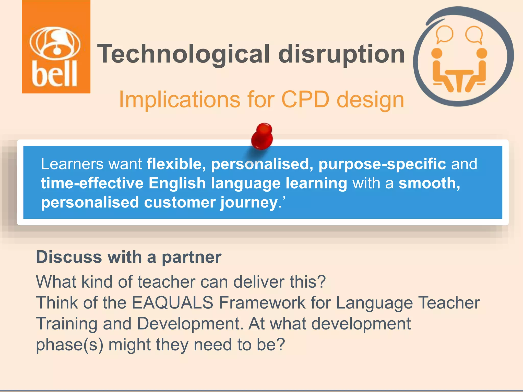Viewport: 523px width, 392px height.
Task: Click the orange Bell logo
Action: (x=56, y=47)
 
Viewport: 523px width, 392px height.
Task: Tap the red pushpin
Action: (x=262, y=136)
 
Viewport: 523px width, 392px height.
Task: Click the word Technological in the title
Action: (x=183, y=54)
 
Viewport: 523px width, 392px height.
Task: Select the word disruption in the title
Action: (x=341, y=54)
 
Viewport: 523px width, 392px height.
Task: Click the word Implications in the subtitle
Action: (x=180, y=100)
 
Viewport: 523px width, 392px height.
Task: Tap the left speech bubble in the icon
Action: (x=444, y=34)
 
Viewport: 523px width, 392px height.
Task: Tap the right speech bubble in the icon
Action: (x=474, y=34)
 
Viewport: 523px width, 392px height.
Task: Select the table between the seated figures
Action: (x=459, y=79)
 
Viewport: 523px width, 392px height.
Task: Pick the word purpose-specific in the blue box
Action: (x=382, y=164)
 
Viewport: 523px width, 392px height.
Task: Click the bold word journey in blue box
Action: (x=249, y=202)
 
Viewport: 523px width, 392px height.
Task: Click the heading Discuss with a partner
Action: (x=129, y=257)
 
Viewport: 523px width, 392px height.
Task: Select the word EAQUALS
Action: (x=172, y=303)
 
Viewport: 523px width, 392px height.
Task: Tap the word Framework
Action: (x=262, y=303)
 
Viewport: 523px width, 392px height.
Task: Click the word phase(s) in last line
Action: (x=69, y=345)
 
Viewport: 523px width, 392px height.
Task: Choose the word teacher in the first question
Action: (x=166, y=282)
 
